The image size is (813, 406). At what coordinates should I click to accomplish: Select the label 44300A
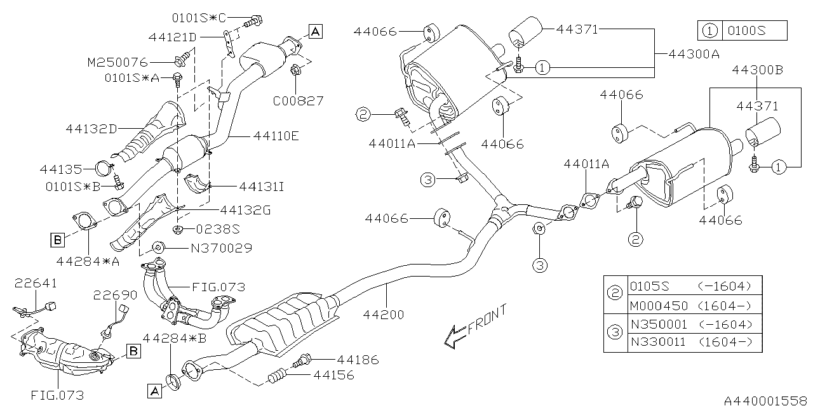tap(694, 55)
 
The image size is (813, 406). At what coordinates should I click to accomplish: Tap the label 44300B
tap(757, 70)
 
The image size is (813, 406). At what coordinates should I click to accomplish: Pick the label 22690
tap(115, 295)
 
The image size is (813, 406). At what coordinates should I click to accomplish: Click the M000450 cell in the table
tap(658, 305)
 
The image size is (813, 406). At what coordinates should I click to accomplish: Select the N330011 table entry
tap(658, 343)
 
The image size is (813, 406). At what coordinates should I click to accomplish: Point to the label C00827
tap(298, 100)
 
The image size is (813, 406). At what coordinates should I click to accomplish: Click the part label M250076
tap(117, 62)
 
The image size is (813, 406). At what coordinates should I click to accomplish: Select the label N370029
tap(220, 248)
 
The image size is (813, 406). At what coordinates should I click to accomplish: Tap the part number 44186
tap(357, 360)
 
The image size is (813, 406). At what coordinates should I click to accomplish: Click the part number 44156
tap(332, 376)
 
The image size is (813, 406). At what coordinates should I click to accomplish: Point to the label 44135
tap(60, 169)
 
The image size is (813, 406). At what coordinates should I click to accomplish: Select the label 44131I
tap(261, 187)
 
